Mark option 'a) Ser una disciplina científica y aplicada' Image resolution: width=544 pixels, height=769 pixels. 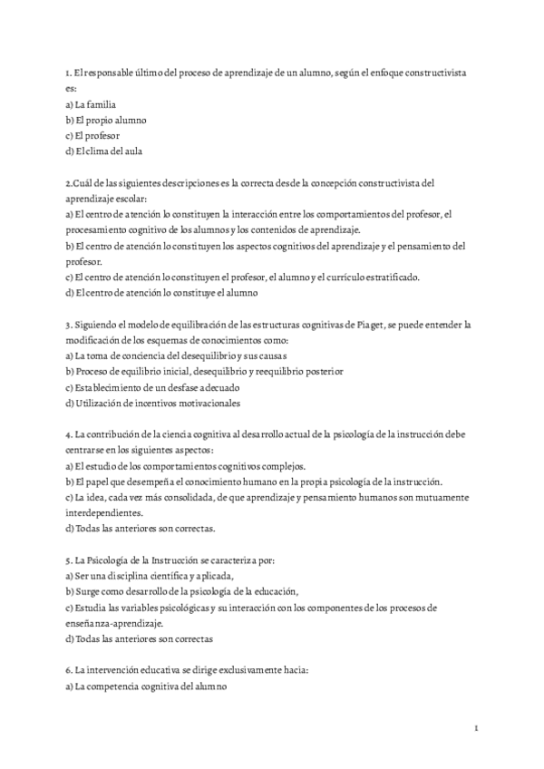[x=150, y=576]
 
